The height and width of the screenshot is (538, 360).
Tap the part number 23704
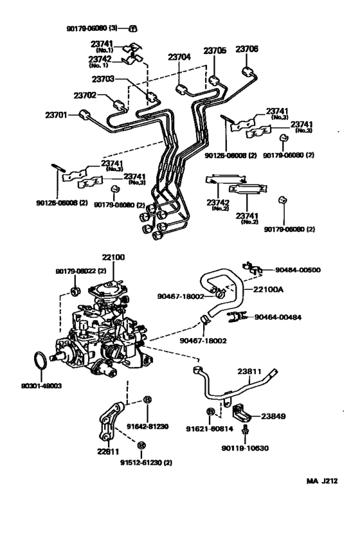tap(180, 57)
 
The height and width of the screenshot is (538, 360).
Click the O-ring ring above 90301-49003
tap(40, 363)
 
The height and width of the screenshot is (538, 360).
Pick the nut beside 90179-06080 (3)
tap(134, 28)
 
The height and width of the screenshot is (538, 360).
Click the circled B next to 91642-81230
tap(147, 400)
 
